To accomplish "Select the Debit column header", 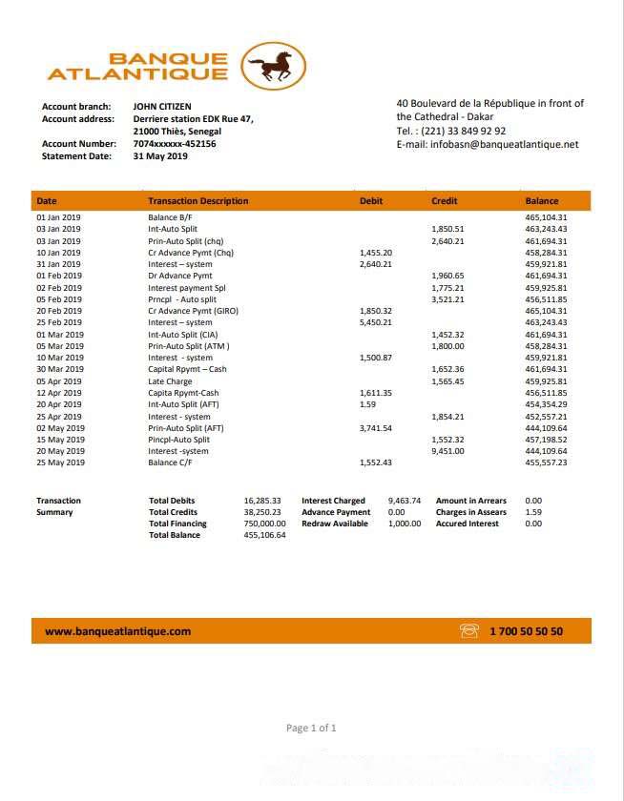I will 371,201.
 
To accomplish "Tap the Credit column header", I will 445,201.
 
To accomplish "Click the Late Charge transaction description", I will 170,381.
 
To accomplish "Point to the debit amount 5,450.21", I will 375,323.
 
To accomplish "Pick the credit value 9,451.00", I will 448,451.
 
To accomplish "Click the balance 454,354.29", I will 546,404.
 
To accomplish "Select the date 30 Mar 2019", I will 59,370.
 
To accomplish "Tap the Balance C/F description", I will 170,462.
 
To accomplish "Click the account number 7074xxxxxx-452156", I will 175,144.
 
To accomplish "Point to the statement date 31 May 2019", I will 160,156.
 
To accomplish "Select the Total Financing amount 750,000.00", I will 265,524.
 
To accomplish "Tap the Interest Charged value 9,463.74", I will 405,501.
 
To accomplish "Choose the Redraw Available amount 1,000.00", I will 405,524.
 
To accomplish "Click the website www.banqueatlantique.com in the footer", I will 118,631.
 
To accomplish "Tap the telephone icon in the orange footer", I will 468,631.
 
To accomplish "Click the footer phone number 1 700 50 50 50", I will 526,631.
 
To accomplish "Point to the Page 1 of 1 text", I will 311,729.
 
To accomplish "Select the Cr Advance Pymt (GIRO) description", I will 193,312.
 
